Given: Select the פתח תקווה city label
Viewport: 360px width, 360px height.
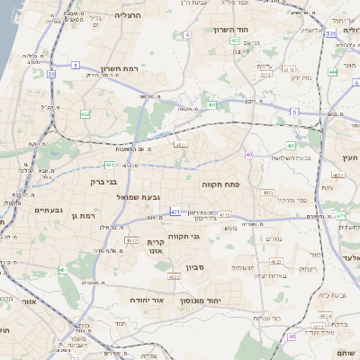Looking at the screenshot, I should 245,184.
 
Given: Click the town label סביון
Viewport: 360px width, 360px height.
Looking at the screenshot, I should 195,267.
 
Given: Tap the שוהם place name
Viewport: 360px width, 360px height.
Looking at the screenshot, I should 347,352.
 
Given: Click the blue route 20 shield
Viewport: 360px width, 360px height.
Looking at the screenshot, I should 51,74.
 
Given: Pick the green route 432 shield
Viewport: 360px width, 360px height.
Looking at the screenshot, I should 85,114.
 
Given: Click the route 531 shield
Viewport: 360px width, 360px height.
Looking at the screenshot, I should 331,33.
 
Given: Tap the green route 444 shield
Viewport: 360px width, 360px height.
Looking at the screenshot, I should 333,71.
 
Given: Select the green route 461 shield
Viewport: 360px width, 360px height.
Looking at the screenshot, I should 62,270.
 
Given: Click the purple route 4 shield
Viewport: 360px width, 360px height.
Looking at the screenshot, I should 187,34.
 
